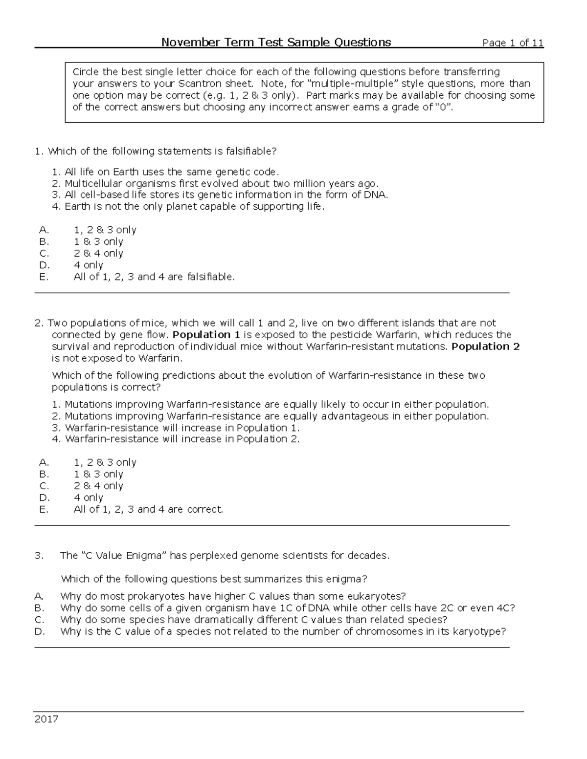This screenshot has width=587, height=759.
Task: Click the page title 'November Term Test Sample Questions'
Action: pos(276,43)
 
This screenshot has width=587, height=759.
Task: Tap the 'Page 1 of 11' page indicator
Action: pos(513,43)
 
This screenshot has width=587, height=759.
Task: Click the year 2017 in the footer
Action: pos(46,719)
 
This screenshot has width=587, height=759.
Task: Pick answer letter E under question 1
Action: pos(44,277)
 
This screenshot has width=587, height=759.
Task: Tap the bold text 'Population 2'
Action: pos(485,347)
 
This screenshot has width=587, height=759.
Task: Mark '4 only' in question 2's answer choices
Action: pos(89,498)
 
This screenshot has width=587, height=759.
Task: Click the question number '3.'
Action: pos(39,556)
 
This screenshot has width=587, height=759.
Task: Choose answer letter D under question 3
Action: pos(40,631)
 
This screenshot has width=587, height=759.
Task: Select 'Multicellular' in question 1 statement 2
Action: pos(93,184)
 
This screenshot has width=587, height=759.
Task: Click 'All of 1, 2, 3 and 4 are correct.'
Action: pos(148,510)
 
